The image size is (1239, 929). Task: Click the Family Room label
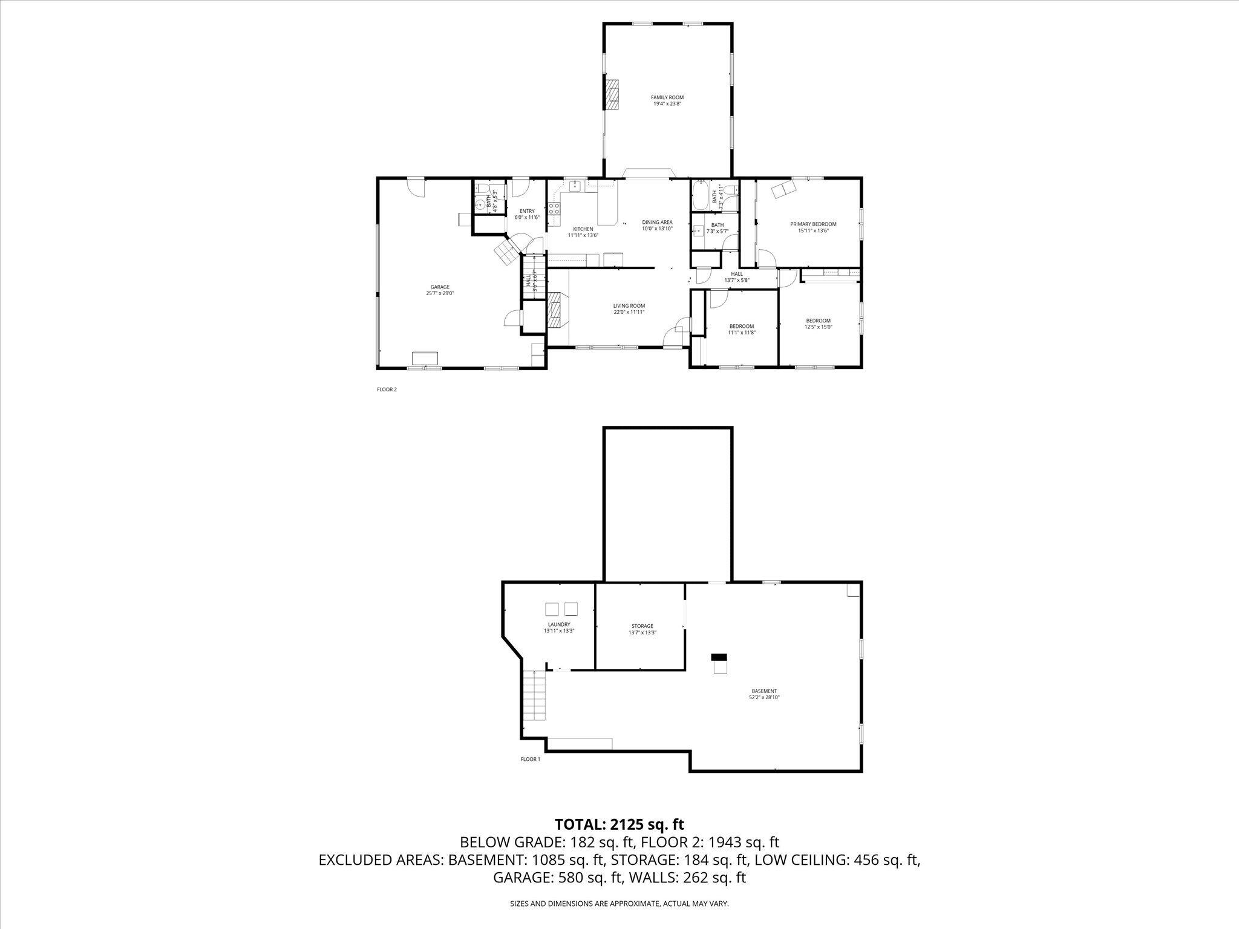point(667,100)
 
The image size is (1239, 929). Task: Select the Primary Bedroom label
point(813,227)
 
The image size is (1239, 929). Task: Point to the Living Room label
point(629,309)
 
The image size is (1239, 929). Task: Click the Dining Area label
point(657,226)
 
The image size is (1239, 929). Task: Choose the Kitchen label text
point(583,232)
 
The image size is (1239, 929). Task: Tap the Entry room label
point(527,214)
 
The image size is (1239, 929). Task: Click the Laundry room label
point(559,627)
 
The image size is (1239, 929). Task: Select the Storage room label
point(642,629)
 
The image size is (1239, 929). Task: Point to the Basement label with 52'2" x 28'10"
point(764,694)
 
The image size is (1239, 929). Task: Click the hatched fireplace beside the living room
point(555,309)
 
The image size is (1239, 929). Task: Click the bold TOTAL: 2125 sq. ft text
point(619,824)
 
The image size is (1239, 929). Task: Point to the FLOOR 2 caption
point(387,390)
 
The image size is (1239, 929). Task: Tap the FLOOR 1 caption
point(530,759)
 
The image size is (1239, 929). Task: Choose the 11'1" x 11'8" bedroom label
point(742,329)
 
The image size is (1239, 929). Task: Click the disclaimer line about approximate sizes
point(619,904)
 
